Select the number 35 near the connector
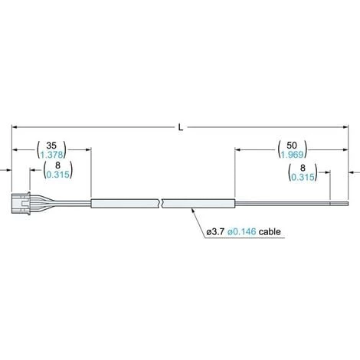point(52,143)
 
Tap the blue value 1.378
point(52,154)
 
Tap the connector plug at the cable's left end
point(24,204)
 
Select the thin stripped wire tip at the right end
point(337,204)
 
